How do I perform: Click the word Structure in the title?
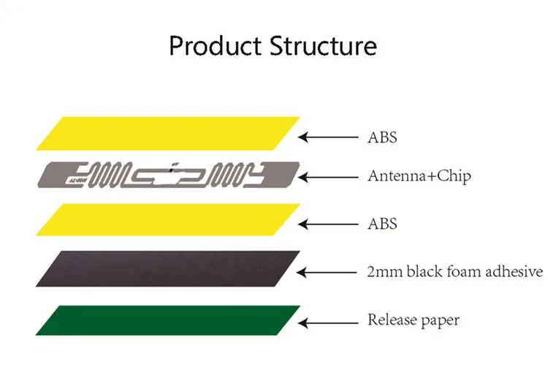pyautogui.click(x=323, y=46)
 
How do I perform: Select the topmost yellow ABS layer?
pyautogui.click(x=168, y=134)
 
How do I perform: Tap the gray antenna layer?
pyautogui.click(x=169, y=175)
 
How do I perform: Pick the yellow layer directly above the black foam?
pyautogui.click(x=168, y=219)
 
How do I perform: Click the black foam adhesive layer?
pyautogui.click(x=168, y=268)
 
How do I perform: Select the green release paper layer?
pyautogui.click(x=168, y=320)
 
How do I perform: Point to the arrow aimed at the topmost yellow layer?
pyautogui.click(x=328, y=137)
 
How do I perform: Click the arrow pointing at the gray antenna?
pyautogui.click(x=328, y=177)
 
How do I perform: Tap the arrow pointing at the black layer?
pyautogui.click(x=327, y=272)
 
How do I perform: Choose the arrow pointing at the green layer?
pyautogui.click(x=328, y=323)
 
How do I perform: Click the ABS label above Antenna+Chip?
pyautogui.click(x=382, y=137)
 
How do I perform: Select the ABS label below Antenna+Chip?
pyautogui.click(x=382, y=224)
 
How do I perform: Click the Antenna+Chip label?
pyautogui.click(x=419, y=176)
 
